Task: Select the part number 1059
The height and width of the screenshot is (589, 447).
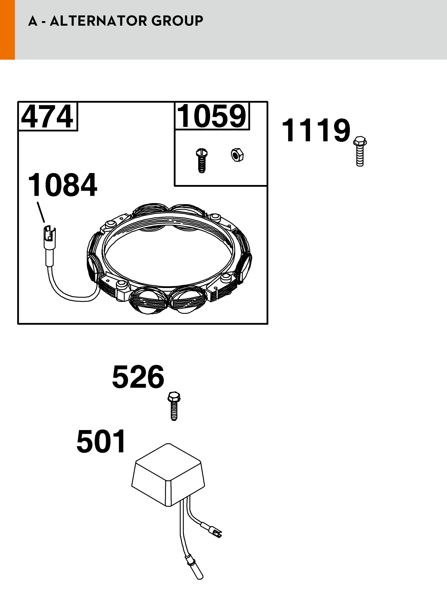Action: click(212, 116)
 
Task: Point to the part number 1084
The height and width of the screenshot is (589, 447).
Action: click(63, 185)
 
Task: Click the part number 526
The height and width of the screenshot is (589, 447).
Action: click(138, 377)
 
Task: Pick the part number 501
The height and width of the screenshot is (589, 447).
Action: click(101, 441)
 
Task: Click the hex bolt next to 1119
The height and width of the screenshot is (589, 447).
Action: click(360, 152)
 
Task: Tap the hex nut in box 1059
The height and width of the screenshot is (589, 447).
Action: click(237, 155)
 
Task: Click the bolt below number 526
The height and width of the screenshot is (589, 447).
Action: click(174, 406)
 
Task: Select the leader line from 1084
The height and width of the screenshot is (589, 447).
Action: click(41, 212)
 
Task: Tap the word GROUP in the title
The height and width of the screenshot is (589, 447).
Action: click(177, 21)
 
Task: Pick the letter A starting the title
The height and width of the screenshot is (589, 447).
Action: click(32, 21)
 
